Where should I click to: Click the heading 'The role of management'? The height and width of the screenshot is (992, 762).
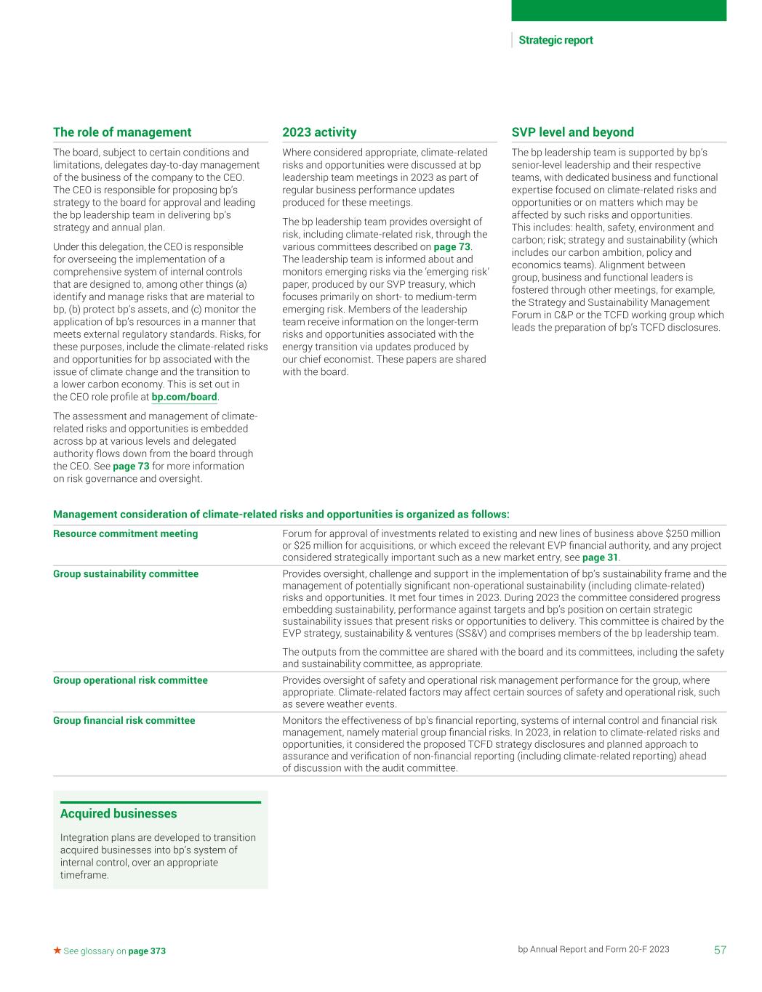point(122,132)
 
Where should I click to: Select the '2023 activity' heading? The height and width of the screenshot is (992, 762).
point(319,132)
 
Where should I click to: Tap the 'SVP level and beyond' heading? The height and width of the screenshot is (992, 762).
point(572,132)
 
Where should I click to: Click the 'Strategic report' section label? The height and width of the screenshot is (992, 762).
point(556,41)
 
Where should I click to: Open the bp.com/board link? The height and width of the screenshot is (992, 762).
point(184,397)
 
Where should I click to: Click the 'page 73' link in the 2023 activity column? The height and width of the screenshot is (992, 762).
point(452,247)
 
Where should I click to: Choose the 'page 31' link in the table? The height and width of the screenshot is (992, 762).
point(600,558)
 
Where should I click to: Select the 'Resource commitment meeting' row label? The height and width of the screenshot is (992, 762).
point(125,533)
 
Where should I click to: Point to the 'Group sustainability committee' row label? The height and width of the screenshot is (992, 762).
point(126,574)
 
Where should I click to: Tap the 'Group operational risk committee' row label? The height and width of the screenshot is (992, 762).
point(130,680)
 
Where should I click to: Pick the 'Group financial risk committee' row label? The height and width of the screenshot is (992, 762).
point(124,720)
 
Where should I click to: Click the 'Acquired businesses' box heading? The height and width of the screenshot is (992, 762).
point(119,814)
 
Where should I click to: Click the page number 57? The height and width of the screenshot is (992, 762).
point(720,950)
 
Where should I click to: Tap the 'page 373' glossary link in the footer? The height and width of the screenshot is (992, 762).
point(147,951)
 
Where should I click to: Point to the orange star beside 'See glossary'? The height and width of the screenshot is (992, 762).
point(57,951)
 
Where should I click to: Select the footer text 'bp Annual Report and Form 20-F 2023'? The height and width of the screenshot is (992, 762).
point(593,949)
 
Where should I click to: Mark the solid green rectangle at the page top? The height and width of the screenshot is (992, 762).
point(619,10)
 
